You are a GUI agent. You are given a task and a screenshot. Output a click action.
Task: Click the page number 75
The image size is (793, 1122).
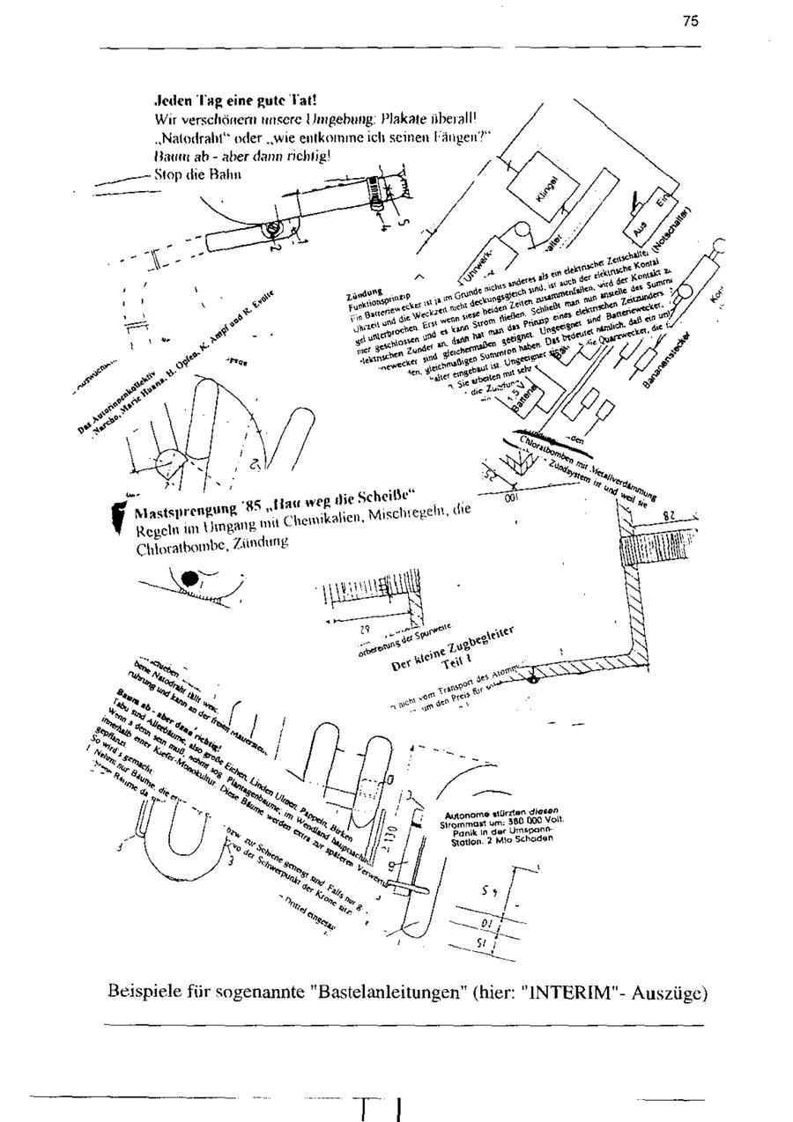(x=691, y=21)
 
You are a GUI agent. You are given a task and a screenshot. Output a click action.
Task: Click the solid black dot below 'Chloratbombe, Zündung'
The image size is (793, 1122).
(x=189, y=579)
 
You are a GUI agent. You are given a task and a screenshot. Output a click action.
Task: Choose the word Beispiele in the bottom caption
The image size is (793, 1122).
(x=145, y=993)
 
